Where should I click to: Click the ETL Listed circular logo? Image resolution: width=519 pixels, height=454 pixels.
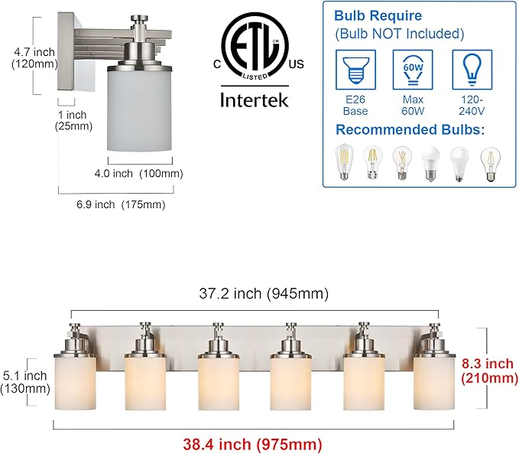(x=255, y=47)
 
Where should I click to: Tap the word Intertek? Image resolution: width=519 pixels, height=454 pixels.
(x=255, y=100)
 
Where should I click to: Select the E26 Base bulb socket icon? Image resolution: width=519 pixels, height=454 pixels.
(x=355, y=70)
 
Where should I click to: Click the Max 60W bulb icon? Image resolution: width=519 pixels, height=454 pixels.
(x=413, y=70)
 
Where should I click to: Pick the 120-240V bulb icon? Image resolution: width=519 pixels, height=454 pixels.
(x=472, y=70)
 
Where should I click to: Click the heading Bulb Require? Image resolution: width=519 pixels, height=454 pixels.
(x=378, y=15)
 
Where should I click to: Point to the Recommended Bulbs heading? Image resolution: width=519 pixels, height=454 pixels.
(x=410, y=129)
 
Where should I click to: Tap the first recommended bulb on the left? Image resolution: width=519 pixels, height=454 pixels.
(x=344, y=162)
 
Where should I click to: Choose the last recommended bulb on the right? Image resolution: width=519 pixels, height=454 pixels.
(x=490, y=165)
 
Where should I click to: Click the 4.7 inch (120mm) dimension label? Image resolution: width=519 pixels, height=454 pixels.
(x=34, y=57)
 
